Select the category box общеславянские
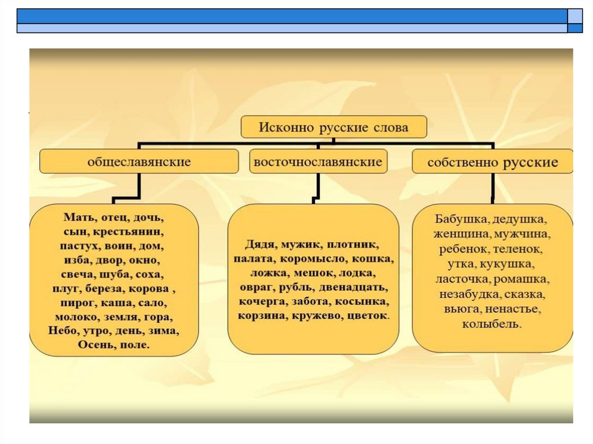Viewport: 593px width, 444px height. coord(139,162)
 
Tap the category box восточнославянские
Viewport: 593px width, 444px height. coord(318,162)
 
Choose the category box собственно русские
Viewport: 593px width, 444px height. coord(493,162)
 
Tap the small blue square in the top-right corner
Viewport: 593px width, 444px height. coord(574,28)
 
